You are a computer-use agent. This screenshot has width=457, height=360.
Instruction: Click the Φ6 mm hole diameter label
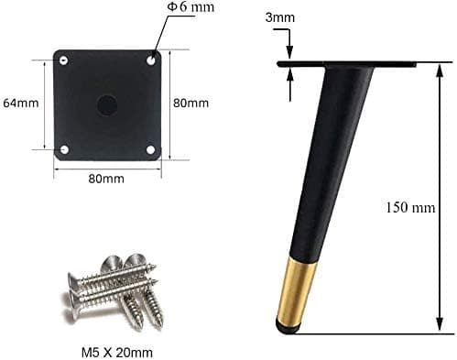tap(191, 6)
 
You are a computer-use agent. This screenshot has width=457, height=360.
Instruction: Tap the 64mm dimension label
tap(21, 103)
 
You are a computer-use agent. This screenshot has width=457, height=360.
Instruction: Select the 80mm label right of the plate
tap(190, 103)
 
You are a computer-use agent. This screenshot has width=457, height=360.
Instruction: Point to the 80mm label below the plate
tap(106, 179)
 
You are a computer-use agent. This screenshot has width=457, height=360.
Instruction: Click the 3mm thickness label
tap(280, 17)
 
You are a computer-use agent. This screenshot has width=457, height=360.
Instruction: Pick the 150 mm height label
tap(410, 208)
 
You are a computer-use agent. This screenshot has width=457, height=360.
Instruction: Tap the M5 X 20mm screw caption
tap(117, 353)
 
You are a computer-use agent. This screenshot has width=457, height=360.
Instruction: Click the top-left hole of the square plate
tap(63, 60)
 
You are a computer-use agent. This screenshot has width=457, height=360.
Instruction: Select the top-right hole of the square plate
tap(151, 60)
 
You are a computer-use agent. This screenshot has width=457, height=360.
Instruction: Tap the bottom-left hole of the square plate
tap(64, 149)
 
